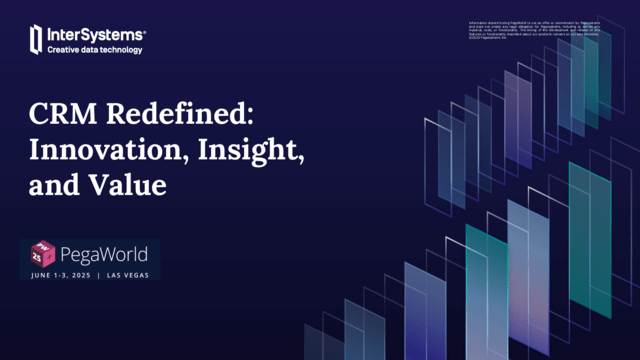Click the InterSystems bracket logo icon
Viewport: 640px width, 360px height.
[36, 40]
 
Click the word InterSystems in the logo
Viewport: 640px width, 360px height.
[95, 34]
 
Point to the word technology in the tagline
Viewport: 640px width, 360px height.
[124, 49]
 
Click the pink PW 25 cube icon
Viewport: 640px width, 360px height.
[43, 255]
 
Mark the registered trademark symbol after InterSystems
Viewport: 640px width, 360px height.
[146, 29]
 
